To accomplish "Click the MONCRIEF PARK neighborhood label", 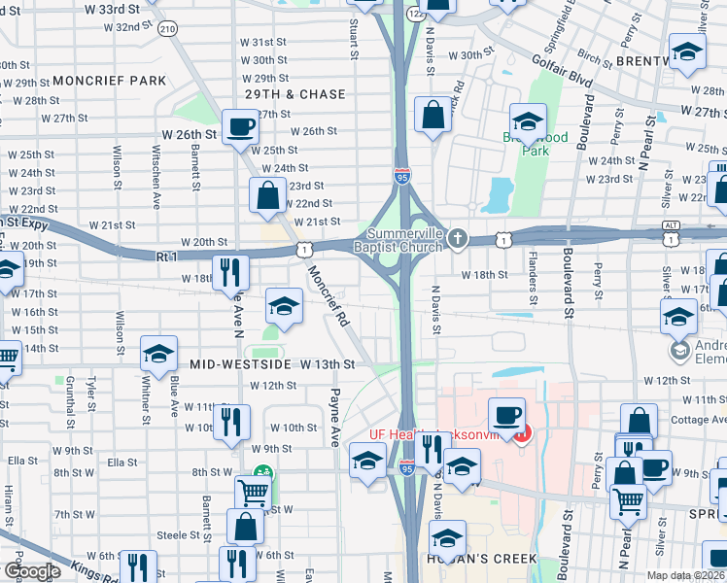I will [110, 80].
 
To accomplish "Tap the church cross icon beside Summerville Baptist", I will [459, 238].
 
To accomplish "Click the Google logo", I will [32, 571].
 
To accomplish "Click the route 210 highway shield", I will [167, 29].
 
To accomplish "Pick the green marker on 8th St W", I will [260, 473].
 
